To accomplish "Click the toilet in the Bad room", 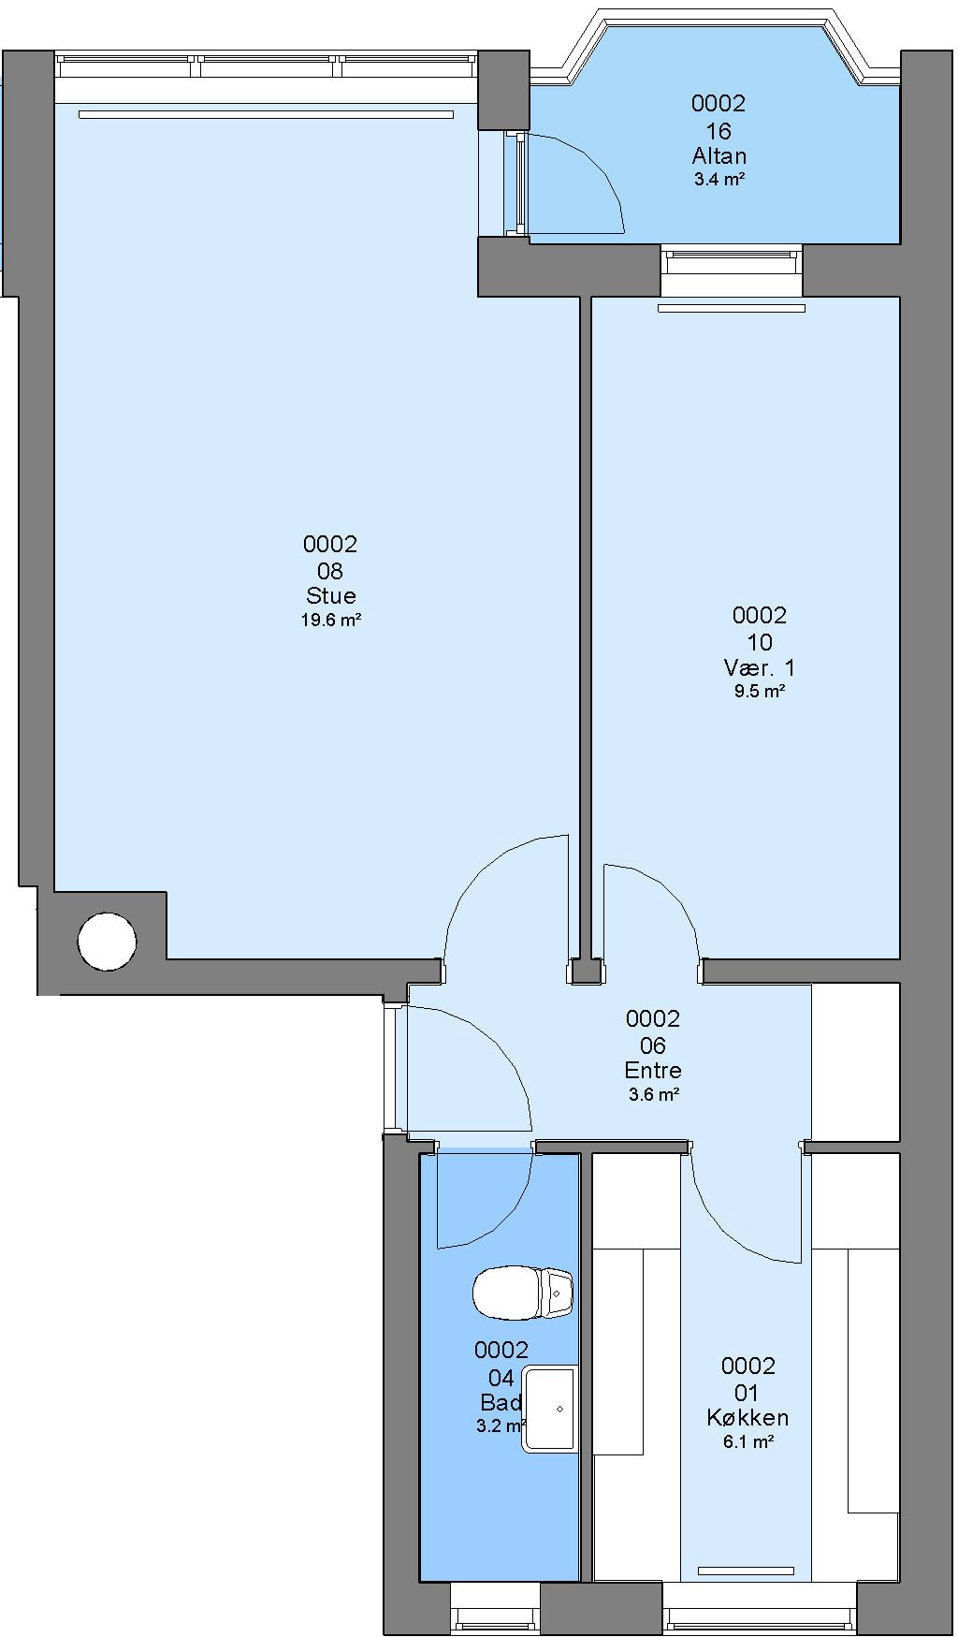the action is (x=522, y=1293).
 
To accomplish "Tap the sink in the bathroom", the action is (x=549, y=1409).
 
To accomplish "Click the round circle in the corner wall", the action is (x=107, y=942).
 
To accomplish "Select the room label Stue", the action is (x=331, y=596).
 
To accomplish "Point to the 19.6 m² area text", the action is (x=331, y=620).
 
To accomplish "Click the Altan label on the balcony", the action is (x=719, y=155).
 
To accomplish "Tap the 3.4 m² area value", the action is (x=719, y=179).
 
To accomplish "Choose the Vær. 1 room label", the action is (x=760, y=668).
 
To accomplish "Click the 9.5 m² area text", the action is (x=760, y=692).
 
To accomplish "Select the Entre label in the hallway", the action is (x=653, y=1071).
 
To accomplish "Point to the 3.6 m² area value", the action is (x=653, y=1094).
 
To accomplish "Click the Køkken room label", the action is (x=748, y=1418).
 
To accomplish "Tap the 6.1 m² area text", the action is (x=748, y=1442).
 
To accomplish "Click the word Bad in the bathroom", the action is (x=501, y=1402).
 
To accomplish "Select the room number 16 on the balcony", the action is (x=719, y=130).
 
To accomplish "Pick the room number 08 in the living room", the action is (x=331, y=570).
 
